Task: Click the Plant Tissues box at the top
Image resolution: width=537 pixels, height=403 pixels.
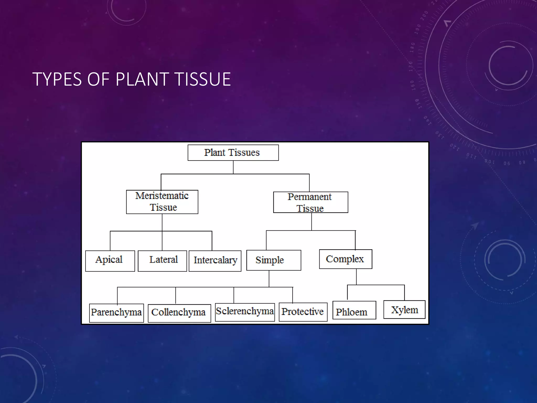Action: click(x=233, y=153)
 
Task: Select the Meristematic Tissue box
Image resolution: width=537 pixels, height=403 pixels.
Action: click(x=162, y=202)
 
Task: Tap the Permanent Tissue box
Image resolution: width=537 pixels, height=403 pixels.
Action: click(x=310, y=202)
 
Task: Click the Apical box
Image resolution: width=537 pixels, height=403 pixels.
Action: click(x=110, y=261)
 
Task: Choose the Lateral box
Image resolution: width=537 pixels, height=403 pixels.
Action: click(x=162, y=261)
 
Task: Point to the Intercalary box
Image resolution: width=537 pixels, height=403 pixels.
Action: click(x=215, y=261)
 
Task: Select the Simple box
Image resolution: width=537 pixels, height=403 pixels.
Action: click(x=273, y=260)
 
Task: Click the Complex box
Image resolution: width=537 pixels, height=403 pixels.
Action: click(x=345, y=259)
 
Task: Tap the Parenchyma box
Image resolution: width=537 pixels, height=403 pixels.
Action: click(x=116, y=313)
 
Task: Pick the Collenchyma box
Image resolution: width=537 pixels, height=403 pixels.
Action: click(x=179, y=313)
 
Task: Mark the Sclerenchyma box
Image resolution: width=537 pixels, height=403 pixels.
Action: click(x=245, y=312)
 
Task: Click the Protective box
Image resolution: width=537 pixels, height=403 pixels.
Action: click(x=303, y=312)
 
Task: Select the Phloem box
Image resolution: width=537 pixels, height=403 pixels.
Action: click(x=354, y=310)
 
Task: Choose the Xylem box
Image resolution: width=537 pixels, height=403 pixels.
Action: click(x=404, y=310)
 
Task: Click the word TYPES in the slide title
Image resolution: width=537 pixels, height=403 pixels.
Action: click(x=57, y=79)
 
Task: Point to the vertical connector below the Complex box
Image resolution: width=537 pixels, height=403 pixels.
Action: click(x=356, y=277)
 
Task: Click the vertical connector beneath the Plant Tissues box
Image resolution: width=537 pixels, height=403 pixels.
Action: click(x=233, y=167)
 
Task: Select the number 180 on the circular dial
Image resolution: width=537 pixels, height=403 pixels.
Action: click(x=412, y=48)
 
